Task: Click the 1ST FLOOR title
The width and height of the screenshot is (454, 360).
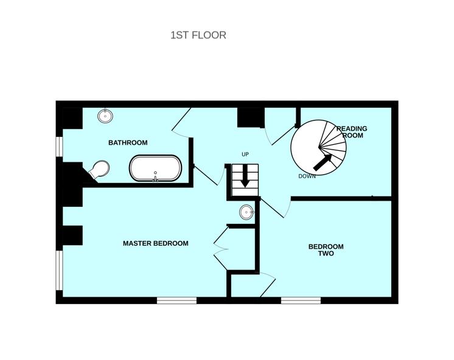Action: tap(198, 35)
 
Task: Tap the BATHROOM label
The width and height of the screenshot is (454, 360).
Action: tap(128, 143)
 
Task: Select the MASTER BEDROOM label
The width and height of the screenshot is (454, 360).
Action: tap(155, 243)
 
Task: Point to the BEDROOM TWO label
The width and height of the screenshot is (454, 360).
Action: tap(326, 250)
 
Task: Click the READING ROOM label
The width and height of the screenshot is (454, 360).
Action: tap(352, 132)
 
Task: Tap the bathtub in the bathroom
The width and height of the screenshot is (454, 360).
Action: tap(155, 168)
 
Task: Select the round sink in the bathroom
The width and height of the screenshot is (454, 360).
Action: tap(105, 116)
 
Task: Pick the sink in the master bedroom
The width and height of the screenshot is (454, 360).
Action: tap(246, 212)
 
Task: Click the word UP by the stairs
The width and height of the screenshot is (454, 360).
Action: tap(245, 154)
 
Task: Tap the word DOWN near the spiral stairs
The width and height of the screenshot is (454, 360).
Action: tap(307, 176)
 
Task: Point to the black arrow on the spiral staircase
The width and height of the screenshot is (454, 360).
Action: tap(323, 162)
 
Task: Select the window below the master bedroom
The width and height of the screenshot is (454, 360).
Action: tap(176, 300)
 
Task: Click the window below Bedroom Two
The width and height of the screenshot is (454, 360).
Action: tap(301, 300)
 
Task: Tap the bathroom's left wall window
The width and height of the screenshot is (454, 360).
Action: tap(59, 147)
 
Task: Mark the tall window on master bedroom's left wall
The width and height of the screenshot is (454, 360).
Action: tap(59, 270)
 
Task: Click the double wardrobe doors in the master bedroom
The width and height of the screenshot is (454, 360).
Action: tap(222, 248)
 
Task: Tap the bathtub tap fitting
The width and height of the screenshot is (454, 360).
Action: tap(155, 178)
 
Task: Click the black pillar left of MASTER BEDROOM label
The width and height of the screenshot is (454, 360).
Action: tap(72, 235)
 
